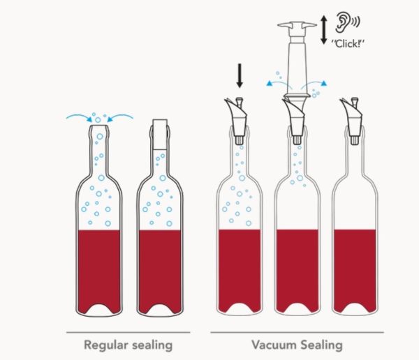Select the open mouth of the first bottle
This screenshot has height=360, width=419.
pos(98,123)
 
